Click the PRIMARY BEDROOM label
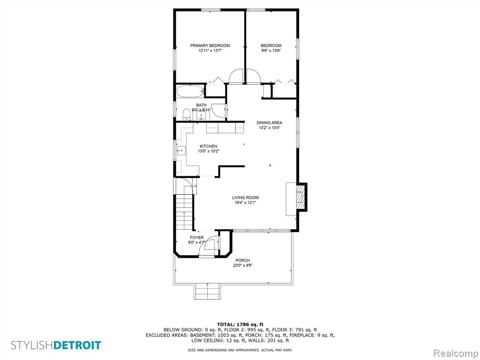coord(210,45)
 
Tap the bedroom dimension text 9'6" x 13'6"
coord(271,51)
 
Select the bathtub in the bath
coord(190,91)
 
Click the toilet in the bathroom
coord(186,115)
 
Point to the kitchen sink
coord(181,151)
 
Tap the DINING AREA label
coord(270,123)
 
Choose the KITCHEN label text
coord(209,146)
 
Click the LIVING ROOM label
coord(245,198)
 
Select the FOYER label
coord(196,238)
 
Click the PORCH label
coord(243,261)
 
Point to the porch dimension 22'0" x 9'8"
coord(243,266)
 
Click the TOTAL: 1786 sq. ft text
coord(240,324)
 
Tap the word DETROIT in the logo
coord(77,345)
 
